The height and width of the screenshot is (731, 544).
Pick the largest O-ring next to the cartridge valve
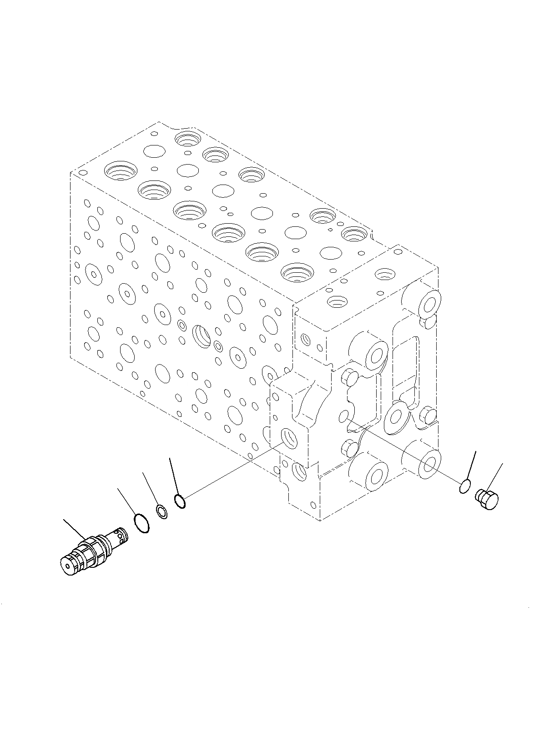[142, 523]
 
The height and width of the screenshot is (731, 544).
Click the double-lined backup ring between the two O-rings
[162, 512]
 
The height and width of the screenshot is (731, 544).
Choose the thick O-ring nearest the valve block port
[180, 501]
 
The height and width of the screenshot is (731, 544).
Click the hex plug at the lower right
[487, 500]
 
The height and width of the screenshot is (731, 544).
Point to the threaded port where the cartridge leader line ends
[290, 438]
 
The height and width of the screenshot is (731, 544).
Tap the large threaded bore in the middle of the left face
[201, 335]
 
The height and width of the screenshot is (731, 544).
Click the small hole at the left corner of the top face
[82, 173]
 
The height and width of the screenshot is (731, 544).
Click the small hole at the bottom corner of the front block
[313, 504]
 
